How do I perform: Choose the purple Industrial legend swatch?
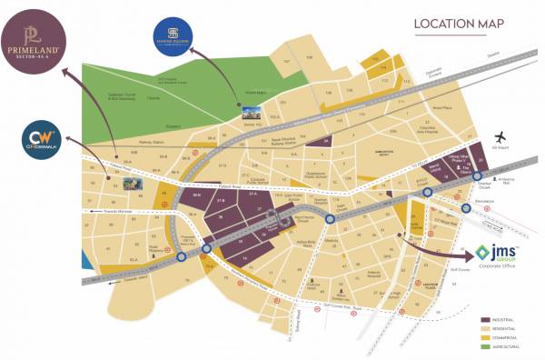(x=481, y=321)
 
